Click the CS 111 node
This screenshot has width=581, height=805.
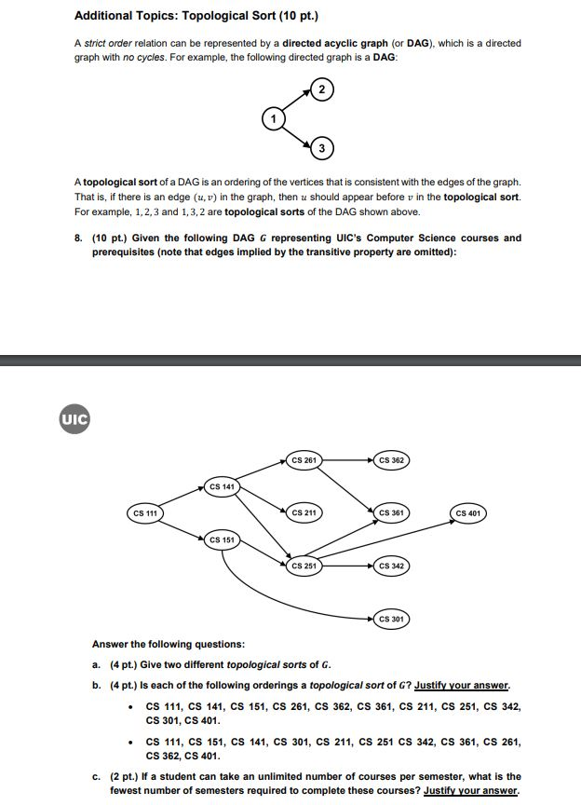coord(144,512)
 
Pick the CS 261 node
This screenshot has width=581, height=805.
coord(304,459)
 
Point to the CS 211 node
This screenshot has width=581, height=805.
coord(304,512)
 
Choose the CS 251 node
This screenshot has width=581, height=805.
coord(304,566)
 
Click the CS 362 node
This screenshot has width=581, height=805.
coord(391,459)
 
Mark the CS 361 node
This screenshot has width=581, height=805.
coord(391,512)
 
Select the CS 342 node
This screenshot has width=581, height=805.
coord(391,566)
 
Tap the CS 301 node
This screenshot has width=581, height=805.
coord(391,618)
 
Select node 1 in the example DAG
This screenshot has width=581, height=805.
coord(273,118)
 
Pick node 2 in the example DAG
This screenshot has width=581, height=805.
coord(320,89)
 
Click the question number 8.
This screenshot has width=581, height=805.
coord(77,238)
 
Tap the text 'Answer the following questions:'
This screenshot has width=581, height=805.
coord(169,644)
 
